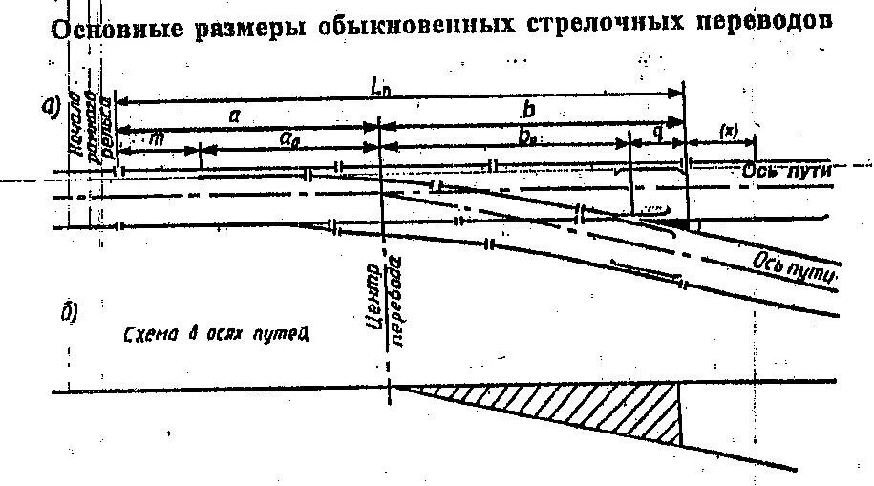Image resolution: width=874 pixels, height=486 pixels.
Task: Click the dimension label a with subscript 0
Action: click(288, 138)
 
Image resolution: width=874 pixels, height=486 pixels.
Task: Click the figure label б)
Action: click(68, 313)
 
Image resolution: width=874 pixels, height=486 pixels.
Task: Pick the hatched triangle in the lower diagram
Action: click(592, 406)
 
